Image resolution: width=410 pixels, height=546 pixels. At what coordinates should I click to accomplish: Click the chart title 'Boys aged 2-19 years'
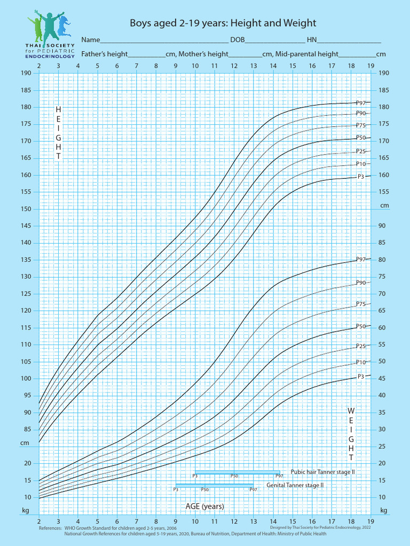click(x=223, y=23)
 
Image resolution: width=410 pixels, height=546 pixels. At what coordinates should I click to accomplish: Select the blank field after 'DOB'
click(x=275, y=41)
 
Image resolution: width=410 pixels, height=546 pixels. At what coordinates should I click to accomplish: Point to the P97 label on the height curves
click(x=361, y=103)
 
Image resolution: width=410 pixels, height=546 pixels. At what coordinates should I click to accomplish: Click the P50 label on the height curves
click(x=361, y=138)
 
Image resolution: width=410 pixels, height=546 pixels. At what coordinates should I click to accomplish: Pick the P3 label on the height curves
click(x=361, y=176)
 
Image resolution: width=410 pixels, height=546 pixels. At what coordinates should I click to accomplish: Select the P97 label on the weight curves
click(x=361, y=259)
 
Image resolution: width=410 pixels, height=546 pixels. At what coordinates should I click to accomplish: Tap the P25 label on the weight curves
click(x=361, y=346)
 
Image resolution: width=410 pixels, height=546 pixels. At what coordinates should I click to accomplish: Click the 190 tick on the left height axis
click(x=26, y=73)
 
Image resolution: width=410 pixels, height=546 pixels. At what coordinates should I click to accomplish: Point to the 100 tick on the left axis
click(x=26, y=379)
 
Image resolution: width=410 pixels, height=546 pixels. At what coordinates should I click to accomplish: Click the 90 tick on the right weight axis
click(x=382, y=226)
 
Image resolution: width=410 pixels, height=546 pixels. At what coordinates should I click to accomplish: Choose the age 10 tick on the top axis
click(x=195, y=66)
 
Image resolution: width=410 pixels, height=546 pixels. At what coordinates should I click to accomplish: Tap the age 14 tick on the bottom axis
click(x=273, y=520)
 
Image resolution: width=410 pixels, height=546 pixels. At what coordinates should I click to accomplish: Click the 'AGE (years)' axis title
click(x=204, y=506)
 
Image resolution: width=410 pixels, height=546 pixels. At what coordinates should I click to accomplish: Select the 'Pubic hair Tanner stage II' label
click(x=322, y=472)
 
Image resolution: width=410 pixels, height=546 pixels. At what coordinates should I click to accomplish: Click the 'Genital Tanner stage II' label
click(x=295, y=486)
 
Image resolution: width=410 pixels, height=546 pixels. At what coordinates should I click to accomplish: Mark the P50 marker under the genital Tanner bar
click(x=204, y=489)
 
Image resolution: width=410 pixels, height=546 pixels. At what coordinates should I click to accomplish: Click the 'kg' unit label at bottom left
click(x=25, y=510)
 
